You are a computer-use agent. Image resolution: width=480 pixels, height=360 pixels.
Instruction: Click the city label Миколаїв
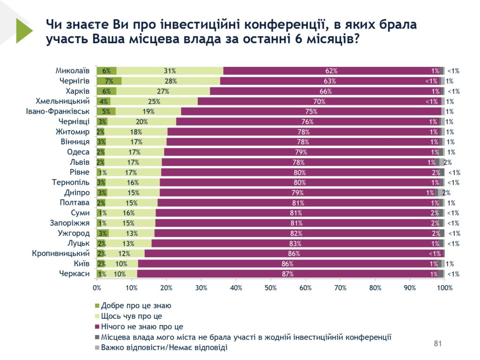pyautogui.click(x=72, y=71)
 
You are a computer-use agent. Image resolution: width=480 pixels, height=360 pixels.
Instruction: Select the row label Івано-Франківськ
pyautogui.click(x=58, y=112)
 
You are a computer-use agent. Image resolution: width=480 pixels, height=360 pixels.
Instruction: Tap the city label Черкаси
pyautogui.click(x=74, y=274)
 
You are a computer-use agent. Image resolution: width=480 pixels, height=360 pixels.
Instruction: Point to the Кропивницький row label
pyautogui.click(x=60, y=254)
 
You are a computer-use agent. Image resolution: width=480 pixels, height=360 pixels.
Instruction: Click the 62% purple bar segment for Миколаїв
pyautogui.click(x=331, y=71)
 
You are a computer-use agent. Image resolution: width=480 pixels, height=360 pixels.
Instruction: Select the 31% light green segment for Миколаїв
pyautogui.click(x=170, y=71)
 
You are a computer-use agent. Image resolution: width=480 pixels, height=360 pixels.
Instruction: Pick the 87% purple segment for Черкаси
pyautogui.click(x=287, y=274)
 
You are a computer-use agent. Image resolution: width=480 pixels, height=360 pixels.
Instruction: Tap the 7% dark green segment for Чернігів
pyautogui.click(x=109, y=81)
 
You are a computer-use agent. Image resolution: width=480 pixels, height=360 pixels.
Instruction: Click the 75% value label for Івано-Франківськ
pyautogui.click(x=311, y=112)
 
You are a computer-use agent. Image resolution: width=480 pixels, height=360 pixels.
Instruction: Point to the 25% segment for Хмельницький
pyautogui.click(x=154, y=101)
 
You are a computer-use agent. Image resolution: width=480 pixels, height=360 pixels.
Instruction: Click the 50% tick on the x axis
pyautogui.click(x=270, y=287)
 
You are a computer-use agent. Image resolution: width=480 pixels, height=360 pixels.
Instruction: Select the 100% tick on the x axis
pyautogui.click(x=444, y=287)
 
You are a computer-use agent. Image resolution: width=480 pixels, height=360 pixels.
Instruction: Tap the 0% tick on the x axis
pyautogui.click(x=97, y=287)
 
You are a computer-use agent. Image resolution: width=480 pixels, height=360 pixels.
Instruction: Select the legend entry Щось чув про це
pyautogui.click(x=132, y=316)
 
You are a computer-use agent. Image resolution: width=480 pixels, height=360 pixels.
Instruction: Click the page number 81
pyautogui.click(x=438, y=344)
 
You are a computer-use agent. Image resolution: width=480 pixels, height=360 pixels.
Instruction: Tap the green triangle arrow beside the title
pyautogui.click(x=23, y=31)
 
